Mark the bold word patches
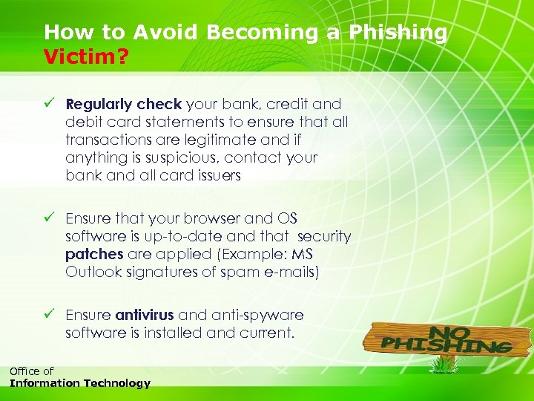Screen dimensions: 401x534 pyautogui.click(x=94, y=255)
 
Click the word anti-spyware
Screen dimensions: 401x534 pyautogui.click(x=258, y=316)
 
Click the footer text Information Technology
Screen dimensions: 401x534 pyautogui.click(x=79, y=384)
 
